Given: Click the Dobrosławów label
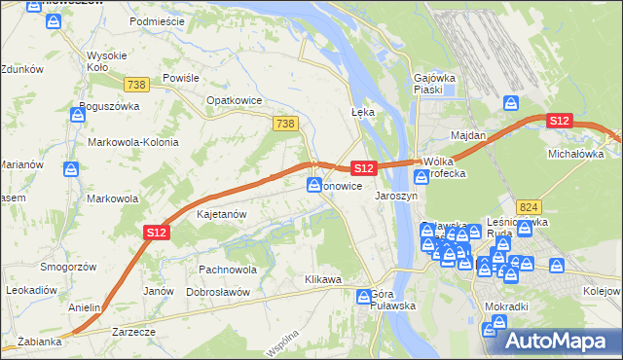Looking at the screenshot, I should (x=219, y=291).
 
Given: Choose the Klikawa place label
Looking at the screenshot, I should (x=323, y=280).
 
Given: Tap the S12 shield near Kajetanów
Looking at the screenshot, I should (x=157, y=232).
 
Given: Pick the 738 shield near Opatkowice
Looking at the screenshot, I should (x=285, y=123).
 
